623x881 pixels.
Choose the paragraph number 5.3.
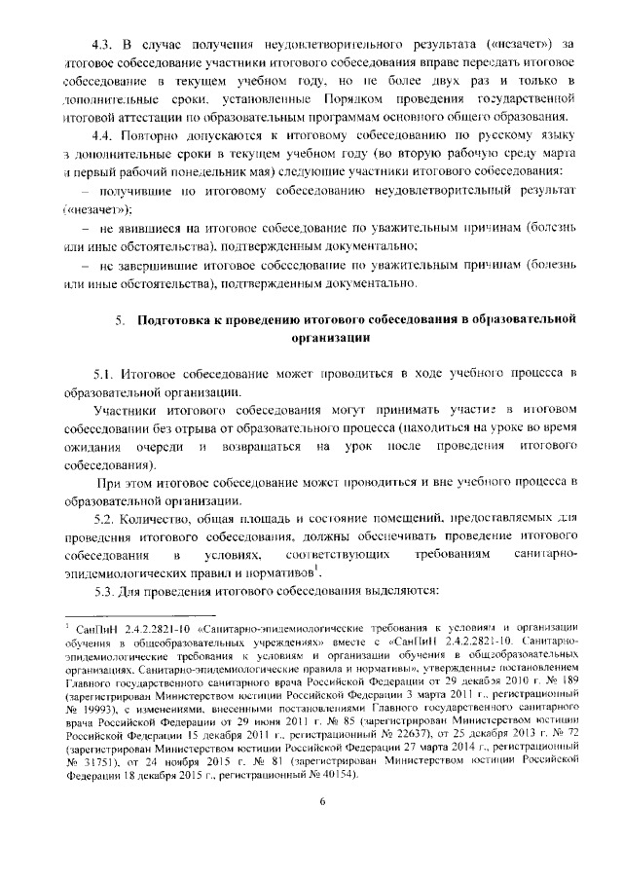pos(104,592)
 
